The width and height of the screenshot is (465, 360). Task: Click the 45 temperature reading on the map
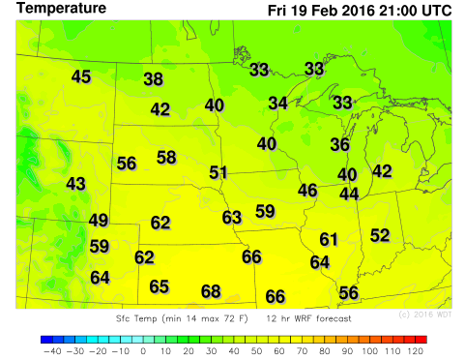(81, 76)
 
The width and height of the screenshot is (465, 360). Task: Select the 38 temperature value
(154, 79)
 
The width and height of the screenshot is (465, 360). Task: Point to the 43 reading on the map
(76, 183)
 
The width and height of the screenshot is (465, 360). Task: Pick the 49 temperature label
(99, 221)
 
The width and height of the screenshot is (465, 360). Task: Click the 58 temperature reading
(166, 157)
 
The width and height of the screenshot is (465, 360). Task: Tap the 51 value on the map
(219, 172)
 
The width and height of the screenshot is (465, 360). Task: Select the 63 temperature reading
(232, 218)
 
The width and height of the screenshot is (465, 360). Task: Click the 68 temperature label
(211, 291)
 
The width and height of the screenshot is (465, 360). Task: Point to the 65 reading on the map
(160, 286)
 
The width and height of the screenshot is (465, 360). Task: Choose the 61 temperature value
(330, 239)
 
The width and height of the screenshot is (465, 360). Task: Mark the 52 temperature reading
(380, 235)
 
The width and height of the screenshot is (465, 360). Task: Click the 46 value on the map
(308, 190)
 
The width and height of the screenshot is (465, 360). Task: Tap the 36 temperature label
(340, 144)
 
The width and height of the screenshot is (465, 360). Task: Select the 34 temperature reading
(278, 103)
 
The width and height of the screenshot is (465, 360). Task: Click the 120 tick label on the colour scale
(416, 351)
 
